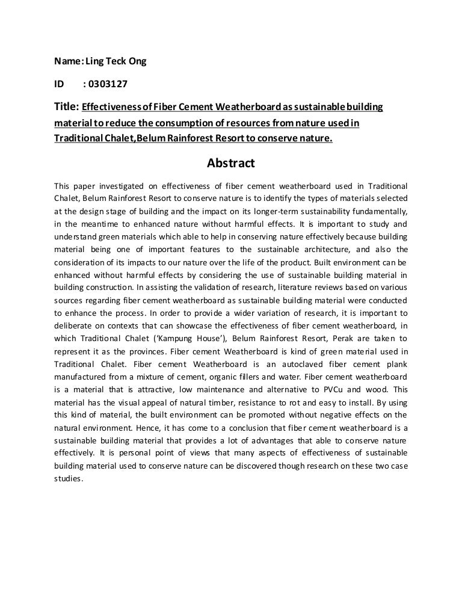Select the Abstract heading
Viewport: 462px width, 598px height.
tap(231, 163)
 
